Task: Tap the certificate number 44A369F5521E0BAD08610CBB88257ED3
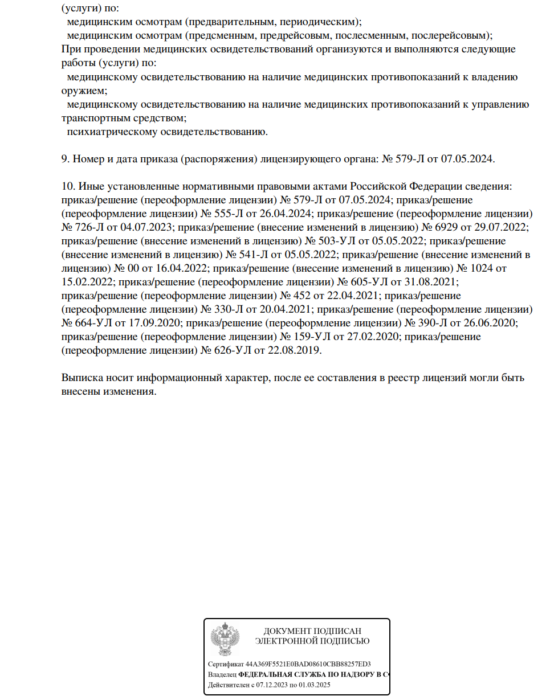point(308,664)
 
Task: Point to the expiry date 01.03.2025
point(316,685)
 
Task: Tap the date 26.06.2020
point(489,323)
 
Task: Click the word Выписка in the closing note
point(80,378)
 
